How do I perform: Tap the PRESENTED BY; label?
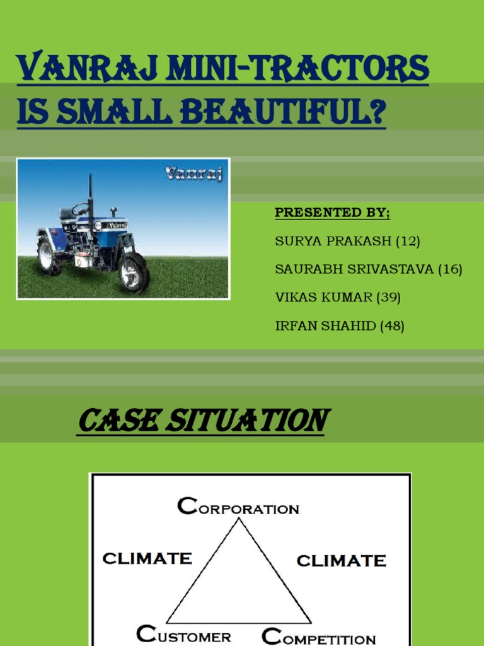(332, 213)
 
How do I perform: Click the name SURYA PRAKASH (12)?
(347, 241)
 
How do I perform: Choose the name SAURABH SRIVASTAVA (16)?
(369, 269)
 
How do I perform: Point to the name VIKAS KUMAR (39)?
(338, 298)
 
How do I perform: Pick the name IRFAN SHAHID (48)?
(340, 326)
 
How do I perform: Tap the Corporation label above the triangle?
(238, 507)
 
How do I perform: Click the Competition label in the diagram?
(319, 637)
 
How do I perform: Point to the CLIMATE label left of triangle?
(147, 558)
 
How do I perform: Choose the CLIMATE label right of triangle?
(341, 560)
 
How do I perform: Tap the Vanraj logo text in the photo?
(193, 173)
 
